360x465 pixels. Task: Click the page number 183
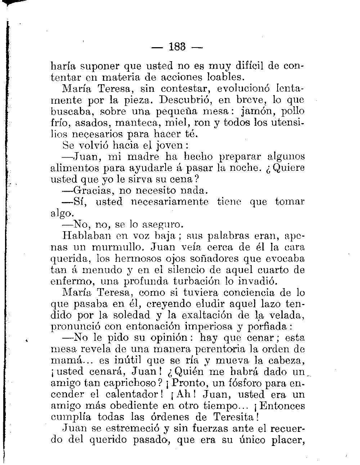point(177,47)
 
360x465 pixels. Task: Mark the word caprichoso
point(129,383)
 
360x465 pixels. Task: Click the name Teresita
point(235,417)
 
